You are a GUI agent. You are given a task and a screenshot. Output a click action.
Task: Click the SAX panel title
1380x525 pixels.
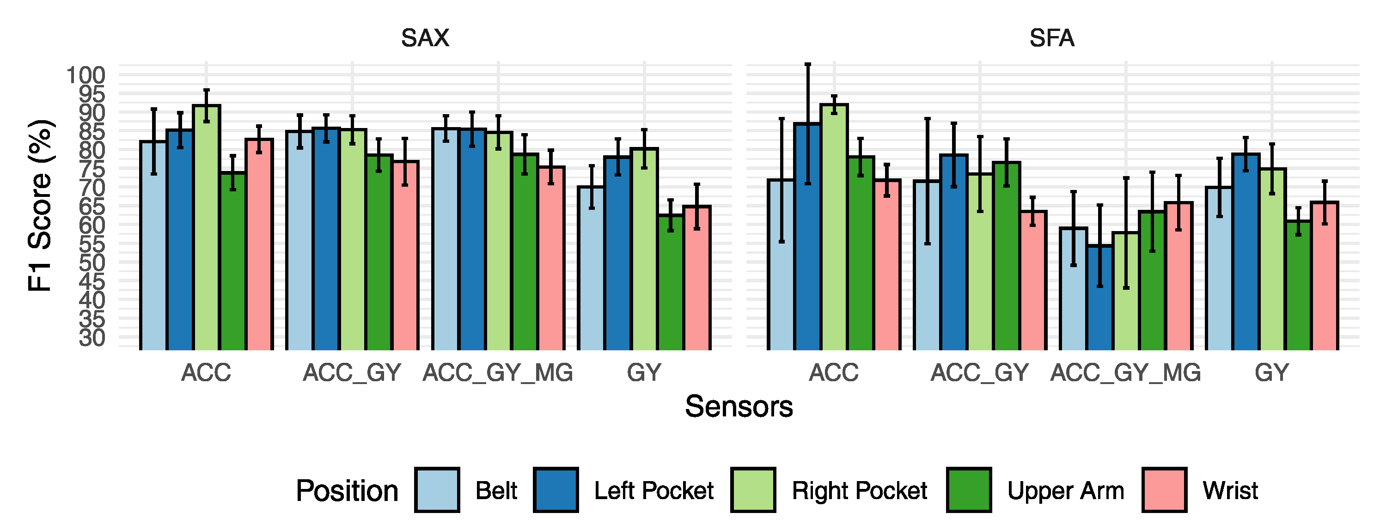[425, 38]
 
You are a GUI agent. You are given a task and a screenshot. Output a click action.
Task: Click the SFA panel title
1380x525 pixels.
[1051, 38]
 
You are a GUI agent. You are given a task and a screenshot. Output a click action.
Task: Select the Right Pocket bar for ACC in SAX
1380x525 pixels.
[206, 228]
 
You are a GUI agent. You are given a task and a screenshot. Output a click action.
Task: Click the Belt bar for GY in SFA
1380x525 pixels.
[1219, 269]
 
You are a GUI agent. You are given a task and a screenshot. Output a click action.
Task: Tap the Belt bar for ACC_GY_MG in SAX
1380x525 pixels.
[446, 239]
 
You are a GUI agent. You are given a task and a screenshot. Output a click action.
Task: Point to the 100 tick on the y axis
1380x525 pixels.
[85, 75]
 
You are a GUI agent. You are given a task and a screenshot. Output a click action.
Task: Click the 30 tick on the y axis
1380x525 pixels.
[92, 338]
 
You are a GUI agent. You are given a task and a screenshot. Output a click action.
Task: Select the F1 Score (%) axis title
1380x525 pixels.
[40, 206]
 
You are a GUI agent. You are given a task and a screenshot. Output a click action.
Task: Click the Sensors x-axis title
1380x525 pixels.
[739, 407]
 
